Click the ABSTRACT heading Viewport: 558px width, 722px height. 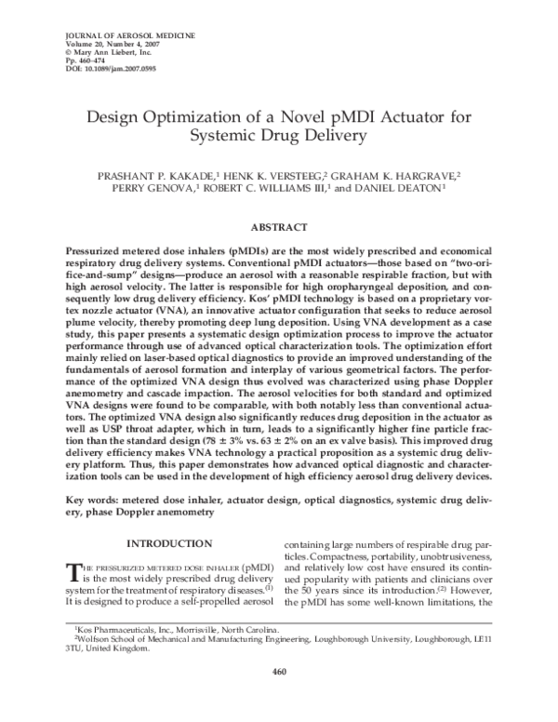pyautogui.click(x=278, y=227)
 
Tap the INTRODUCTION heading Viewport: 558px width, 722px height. pyautogui.click(x=166, y=542)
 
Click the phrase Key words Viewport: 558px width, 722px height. pyautogui.click(x=89, y=500)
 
